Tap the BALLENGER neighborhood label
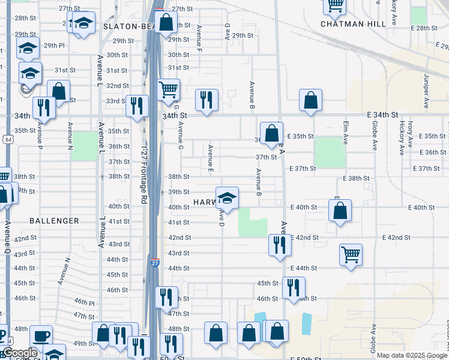[x=54, y=221]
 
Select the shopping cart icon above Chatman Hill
[x=334, y=6]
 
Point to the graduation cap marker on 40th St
[x=227, y=198]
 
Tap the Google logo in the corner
[x=20, y=353]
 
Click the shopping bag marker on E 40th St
[x=340, y=211]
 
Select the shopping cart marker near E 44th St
[x=351, y=254]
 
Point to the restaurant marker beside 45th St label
[x=294, y=287]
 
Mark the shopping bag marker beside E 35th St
[x=271, y=133]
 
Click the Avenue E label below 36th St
[x=210, y=158]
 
